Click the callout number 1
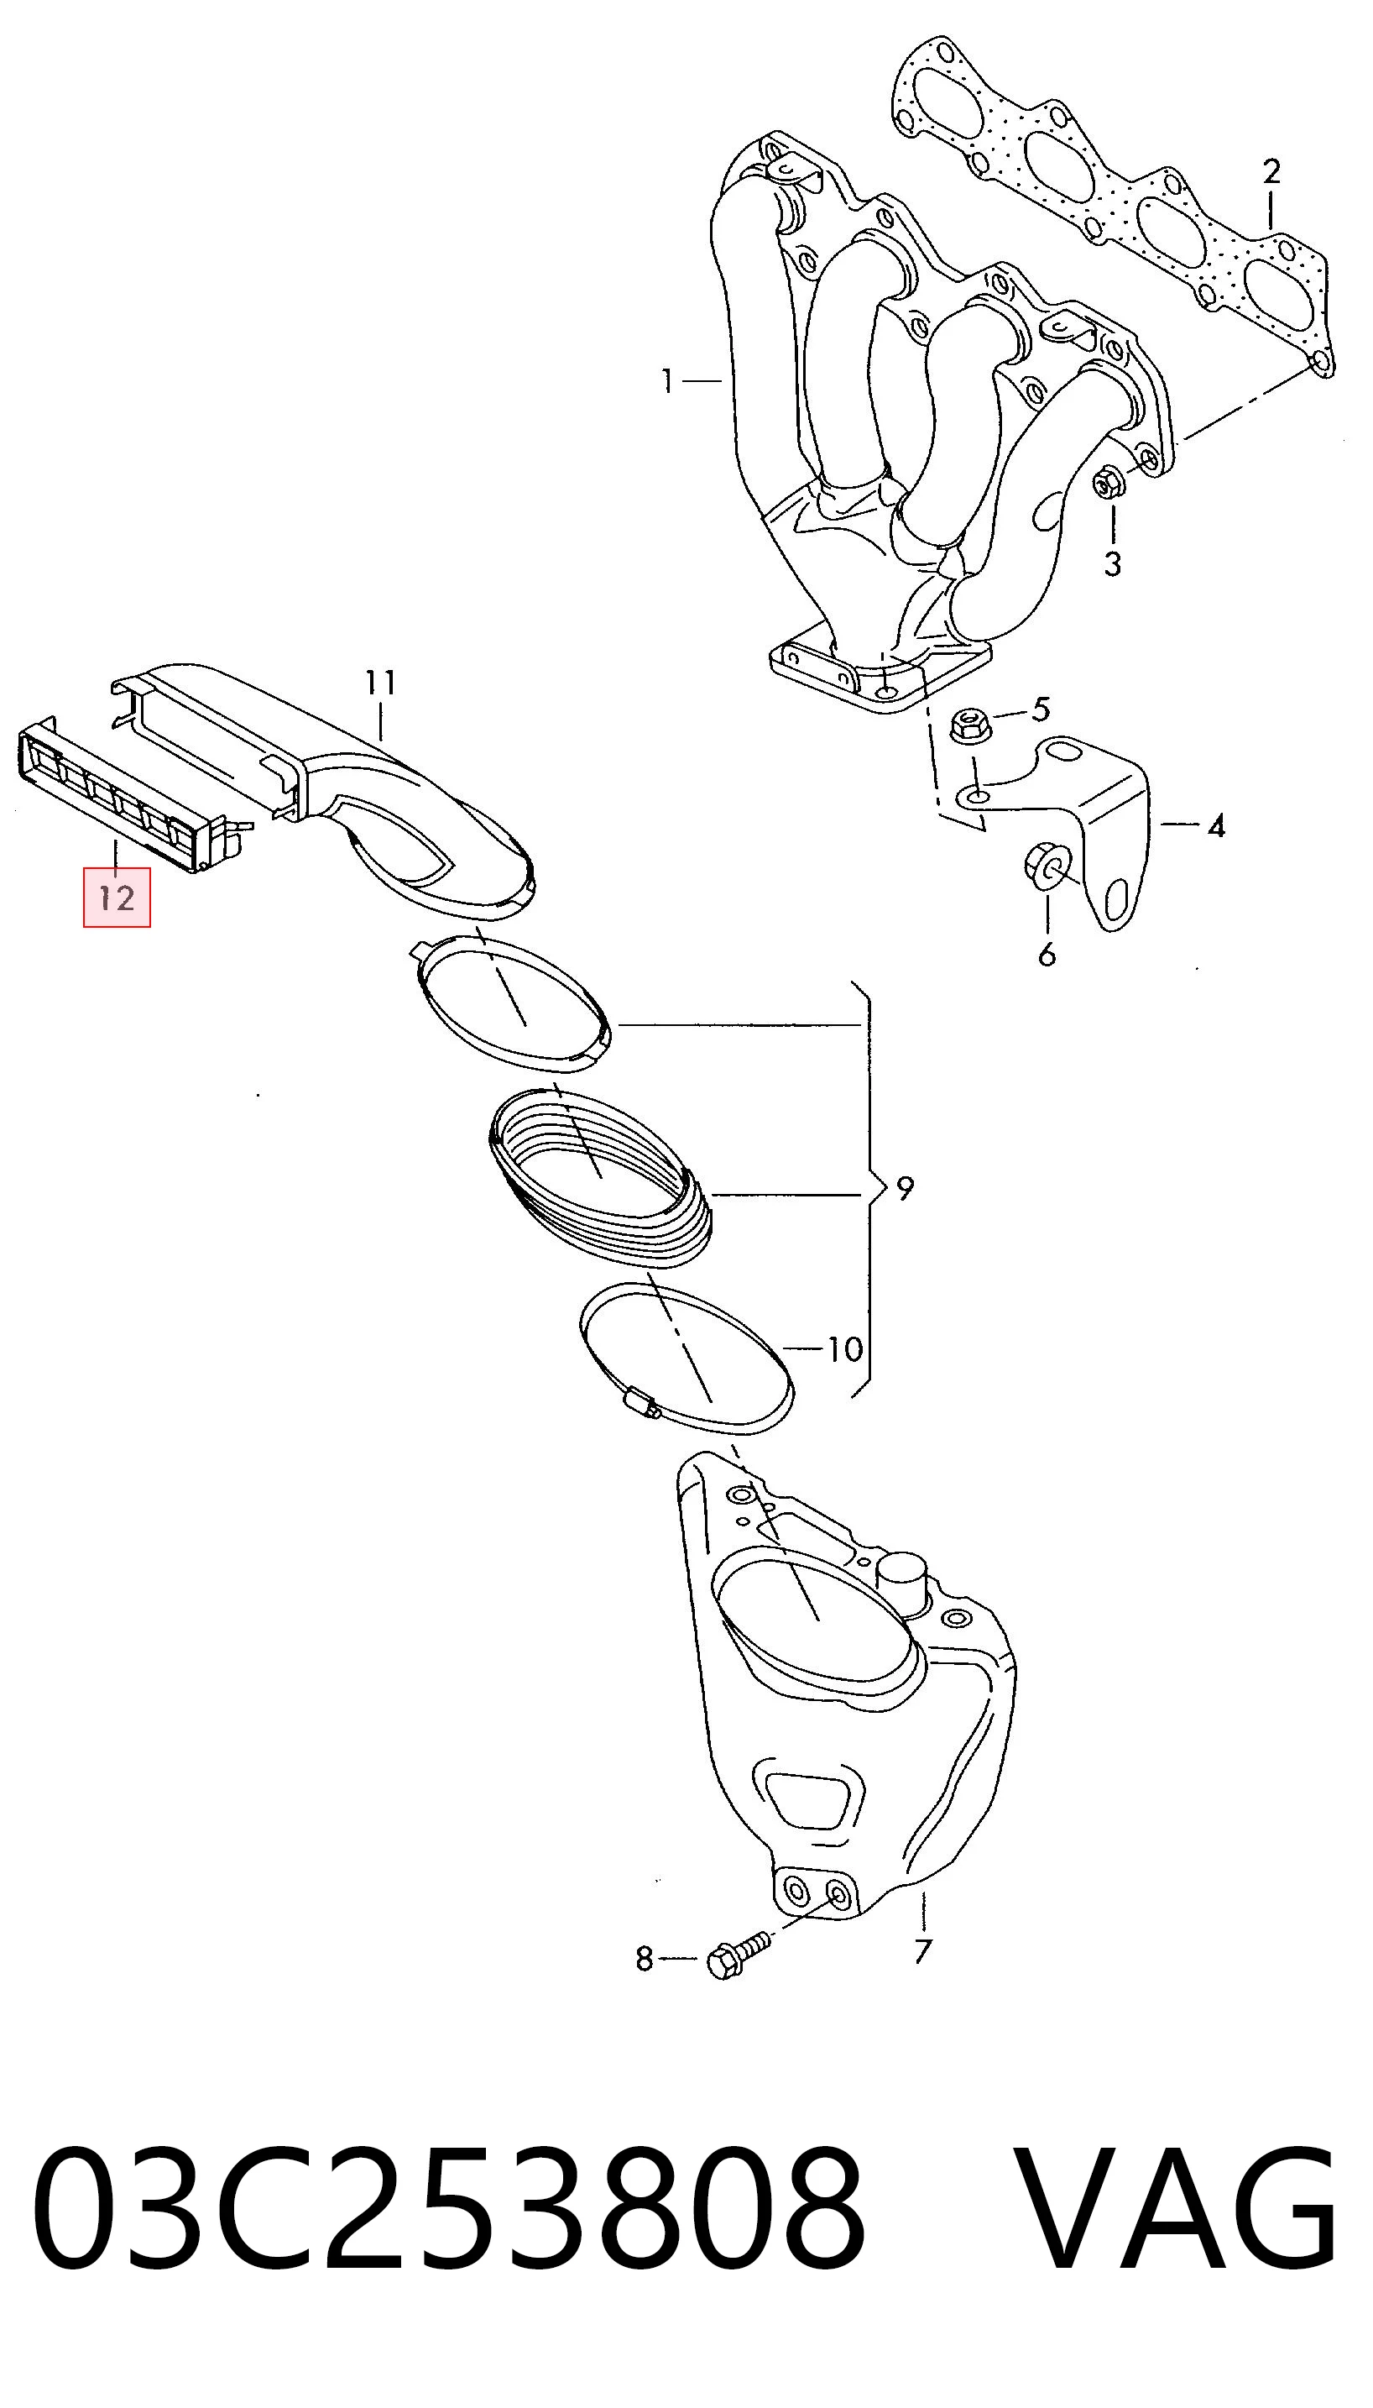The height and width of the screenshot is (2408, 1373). [668, 382]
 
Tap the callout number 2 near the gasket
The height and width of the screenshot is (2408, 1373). [1271, 173]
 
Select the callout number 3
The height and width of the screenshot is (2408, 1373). [1113, 564]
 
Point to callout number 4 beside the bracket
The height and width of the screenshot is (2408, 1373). [1216, 827]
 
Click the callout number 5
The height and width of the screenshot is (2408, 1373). [1040, 709]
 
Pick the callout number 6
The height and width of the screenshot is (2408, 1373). [1047, 955]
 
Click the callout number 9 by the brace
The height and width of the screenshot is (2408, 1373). [906, 1190]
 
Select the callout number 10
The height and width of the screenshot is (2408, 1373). [845, 1350]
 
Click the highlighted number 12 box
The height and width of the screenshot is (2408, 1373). [117, 897]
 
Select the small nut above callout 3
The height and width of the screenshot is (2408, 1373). [1107, 484]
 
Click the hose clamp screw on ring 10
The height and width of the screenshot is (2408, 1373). [641, 1404]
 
